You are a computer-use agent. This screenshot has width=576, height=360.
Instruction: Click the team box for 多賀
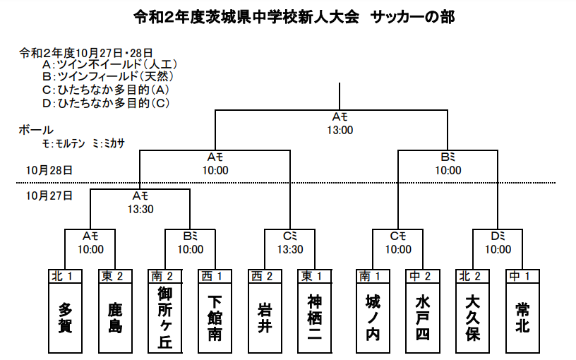[x=66, y=318]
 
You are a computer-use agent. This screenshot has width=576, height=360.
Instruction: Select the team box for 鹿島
[x=115, y=318]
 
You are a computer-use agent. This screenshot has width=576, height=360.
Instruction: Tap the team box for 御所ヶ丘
[x=165, y=318]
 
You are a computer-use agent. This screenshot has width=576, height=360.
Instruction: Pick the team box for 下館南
[x=215, y=318]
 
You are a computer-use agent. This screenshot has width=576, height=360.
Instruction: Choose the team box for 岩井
[x=265, y=318]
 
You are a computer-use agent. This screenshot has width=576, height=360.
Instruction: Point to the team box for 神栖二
[x=315, y=318]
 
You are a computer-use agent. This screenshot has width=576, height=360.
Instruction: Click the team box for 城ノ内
[x=373, y=318]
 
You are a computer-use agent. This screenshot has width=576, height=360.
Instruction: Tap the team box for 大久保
[x=472, y=318]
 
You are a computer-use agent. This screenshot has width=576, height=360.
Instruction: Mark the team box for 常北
[x=522, y=318]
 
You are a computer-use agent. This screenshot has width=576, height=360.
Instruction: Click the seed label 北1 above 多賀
[x=66, y=275]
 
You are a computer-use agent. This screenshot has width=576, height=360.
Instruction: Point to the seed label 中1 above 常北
[x=522, y=275]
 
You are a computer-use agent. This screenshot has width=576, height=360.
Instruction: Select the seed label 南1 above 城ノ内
[x=373, y=275]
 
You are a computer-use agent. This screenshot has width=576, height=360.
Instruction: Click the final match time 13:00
[x=340, y=130]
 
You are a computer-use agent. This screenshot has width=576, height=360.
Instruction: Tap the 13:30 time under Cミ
[x=290, y=249]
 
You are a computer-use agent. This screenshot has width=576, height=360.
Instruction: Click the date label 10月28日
[x=49, y=170]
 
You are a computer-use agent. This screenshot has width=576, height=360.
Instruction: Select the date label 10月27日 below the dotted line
[x=49, y=195]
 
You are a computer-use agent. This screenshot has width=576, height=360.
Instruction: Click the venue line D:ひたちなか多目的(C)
[x=107, y=103]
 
